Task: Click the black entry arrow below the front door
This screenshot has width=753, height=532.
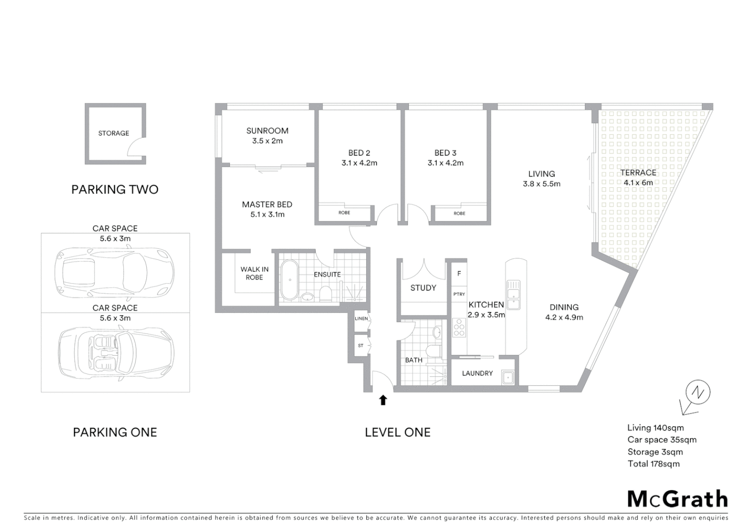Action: click(x=383, y=400)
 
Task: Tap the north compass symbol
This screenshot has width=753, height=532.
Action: click(x=696, y=394)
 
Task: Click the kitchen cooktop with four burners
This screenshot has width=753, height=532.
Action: click(x=459, y=328)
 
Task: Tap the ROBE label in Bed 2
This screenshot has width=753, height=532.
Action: click(x=344, y=213)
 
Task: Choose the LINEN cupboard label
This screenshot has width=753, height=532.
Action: click(x=361, y=319)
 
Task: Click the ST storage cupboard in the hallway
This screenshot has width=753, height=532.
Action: click(x=361, y=346)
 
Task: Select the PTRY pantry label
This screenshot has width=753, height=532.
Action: click(x=459, y=294)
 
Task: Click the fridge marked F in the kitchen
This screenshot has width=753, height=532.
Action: click(x=459, y=274)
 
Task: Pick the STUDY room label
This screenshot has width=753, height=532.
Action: click(x=423, y=288)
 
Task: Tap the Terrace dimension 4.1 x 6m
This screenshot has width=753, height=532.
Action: click(x=638, y=183)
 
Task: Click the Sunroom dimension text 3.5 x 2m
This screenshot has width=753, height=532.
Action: click(x=267, y=141)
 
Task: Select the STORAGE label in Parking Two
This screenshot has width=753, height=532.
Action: click(x=113, y=133)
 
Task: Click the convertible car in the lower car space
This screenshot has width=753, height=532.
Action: click(x=116, y=353)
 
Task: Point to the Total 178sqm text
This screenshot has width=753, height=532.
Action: click(x=653, y=464)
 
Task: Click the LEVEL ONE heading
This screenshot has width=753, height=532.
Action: click(x=398, y=432)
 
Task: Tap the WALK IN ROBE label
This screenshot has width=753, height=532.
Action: click(x=254, y=273)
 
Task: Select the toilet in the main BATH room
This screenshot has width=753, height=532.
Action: click(x=434, y=351)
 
